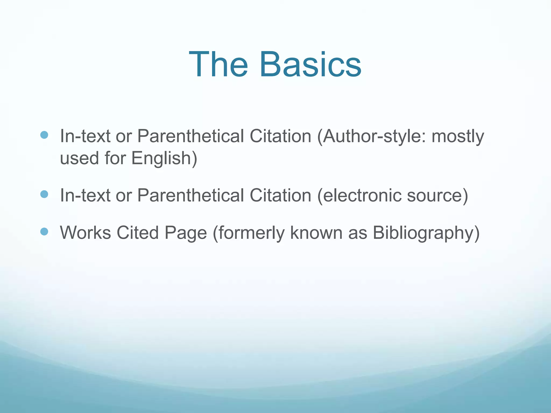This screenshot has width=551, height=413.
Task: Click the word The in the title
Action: [x=218, y=65]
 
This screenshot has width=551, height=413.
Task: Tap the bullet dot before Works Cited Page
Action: [x=44, y=231]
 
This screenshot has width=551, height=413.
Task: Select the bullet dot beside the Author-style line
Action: [x=44, y=135]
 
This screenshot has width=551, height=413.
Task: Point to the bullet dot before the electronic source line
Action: [x=44, y=194]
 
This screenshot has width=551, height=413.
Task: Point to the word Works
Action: [x=85, y=232]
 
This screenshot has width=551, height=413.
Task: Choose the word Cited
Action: [x=137, y=232]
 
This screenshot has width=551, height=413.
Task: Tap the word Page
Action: [x=186, y=233]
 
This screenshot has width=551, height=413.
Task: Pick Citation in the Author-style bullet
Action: [x=280, y=136]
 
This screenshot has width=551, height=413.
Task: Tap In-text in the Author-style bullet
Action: [x=85, y=136]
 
